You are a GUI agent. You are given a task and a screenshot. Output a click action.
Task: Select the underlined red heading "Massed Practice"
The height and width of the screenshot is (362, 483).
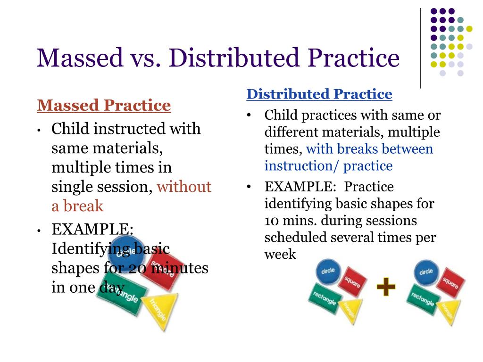[104, 105]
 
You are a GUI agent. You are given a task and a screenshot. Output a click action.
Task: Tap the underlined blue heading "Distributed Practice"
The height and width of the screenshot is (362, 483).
[319, 94]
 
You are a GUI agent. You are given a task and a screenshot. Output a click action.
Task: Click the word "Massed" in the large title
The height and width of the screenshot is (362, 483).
[79, 58]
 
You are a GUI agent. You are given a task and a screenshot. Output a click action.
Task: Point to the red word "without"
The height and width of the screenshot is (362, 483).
[184, 187]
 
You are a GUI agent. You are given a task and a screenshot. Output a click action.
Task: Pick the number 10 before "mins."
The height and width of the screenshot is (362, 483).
[272, 221]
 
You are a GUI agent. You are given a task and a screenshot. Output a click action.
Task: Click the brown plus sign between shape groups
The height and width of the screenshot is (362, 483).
[386, 287]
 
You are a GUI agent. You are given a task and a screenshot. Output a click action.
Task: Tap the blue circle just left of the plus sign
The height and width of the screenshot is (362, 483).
[328, 272]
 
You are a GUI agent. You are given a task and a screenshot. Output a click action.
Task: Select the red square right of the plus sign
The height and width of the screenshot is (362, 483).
[450, 282]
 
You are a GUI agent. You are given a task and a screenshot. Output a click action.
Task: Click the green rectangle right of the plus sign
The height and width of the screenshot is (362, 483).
[423, 297]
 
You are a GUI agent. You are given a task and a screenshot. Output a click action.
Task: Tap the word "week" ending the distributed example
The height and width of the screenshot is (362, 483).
[280, 255]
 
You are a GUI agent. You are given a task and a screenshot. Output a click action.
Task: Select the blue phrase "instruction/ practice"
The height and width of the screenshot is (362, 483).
[328, 166]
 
